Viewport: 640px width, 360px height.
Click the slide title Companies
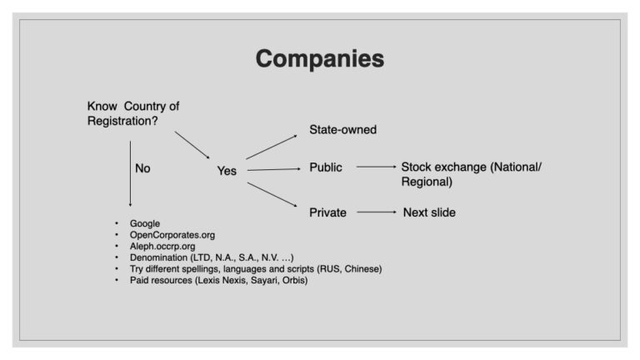tap(320, 59)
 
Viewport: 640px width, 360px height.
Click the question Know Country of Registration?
tap(133, 113)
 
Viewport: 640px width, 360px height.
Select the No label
tap(142, 168)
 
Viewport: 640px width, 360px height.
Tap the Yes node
tap(227, 171)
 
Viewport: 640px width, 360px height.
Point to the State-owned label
tap(342, 129)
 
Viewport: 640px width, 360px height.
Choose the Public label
tap(326, 167)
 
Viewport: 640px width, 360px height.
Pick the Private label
tap(327, 212)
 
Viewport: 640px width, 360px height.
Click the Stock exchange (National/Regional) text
tap(472, 174)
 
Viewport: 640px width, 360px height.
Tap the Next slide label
tap(429, 212)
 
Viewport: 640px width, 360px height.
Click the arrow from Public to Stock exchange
tap(377, 167)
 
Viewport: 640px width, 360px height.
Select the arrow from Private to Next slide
tap(377, 212)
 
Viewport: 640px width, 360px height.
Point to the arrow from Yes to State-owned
tap(272, 147)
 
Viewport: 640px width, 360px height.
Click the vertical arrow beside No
tap(130, 174)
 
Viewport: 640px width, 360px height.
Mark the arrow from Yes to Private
tap(272, 195)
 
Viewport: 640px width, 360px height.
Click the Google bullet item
tap(145, 223)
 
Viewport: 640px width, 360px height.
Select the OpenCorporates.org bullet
tap(172, 235)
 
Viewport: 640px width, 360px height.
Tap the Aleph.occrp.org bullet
tap(162, 247)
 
